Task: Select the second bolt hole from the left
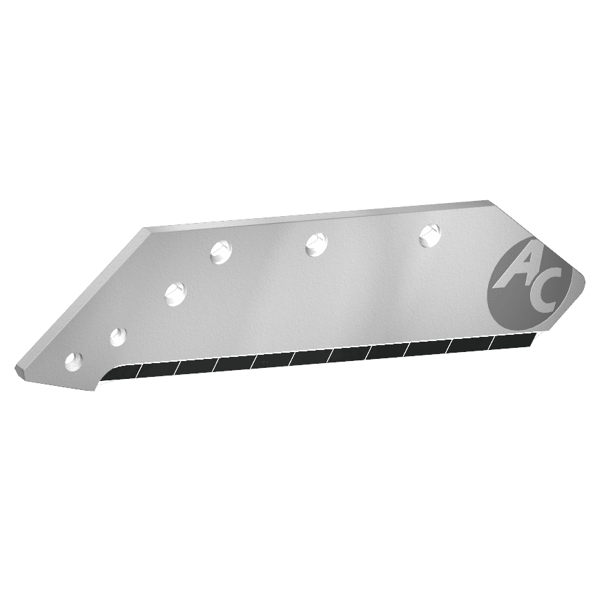coord(118,336)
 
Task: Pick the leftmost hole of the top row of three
coord(221,252)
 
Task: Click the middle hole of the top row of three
coord(317,244)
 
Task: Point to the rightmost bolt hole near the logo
coord(430,235)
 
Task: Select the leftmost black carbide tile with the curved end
coord(121,373)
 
